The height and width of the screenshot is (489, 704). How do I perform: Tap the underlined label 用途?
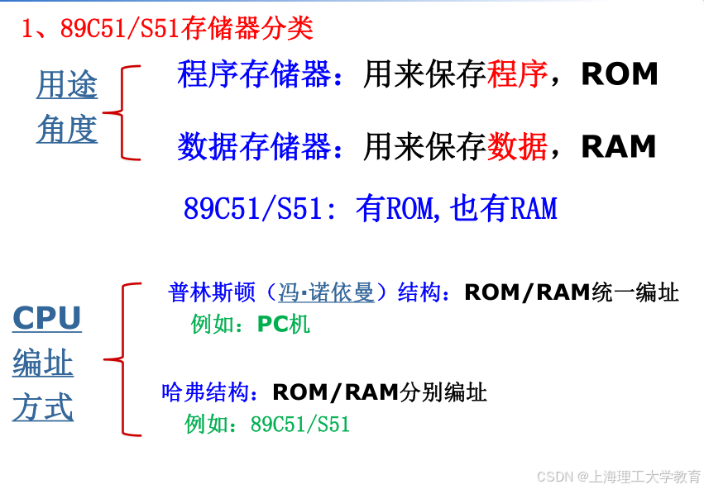pos(67,85)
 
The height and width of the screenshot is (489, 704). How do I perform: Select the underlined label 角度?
pos(67,129)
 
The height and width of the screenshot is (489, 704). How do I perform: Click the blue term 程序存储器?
pos(253,74)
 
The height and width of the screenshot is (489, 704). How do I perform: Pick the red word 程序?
pos(518,74)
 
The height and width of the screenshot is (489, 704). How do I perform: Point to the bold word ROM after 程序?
pos(620,74)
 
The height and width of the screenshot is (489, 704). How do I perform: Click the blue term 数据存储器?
pos(253,147)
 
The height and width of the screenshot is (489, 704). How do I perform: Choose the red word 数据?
pos(518,147)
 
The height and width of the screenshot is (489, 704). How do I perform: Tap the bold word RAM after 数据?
pos(619,147)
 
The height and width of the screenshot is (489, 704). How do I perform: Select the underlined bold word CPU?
pos(47,319)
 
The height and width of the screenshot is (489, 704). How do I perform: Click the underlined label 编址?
pos(43,363)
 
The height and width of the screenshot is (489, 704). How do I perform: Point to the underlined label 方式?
pos(43,408)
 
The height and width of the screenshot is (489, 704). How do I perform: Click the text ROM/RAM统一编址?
pos(572,292)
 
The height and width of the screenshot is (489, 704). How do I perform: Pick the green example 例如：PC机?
pos(250,324)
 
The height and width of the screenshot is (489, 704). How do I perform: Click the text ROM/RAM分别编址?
pos(380,392)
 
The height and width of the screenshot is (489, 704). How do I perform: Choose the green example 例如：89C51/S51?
pos(267,425)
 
